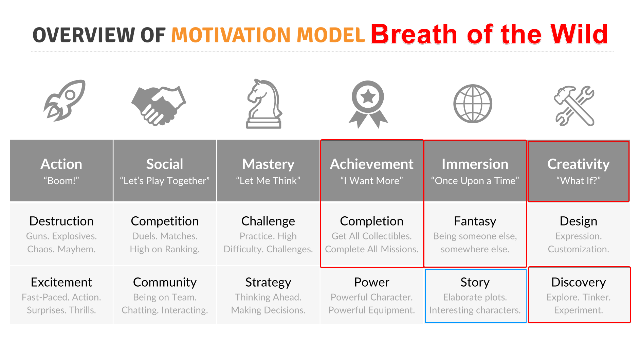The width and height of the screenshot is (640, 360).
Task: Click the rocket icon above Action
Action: tap(65, 101)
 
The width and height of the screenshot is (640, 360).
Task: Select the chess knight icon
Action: tap(264, 104)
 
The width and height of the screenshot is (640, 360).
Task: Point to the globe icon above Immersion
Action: tap(473, 104)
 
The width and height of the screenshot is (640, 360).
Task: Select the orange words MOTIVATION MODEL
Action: tap(268, 35)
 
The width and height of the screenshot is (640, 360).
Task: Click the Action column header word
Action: tap(61, 164)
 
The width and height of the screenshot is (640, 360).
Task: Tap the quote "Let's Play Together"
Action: tap(165, 181)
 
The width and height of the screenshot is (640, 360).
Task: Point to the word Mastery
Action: tap(268, 164)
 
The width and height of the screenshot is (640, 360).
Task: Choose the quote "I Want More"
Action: tap(372, 181)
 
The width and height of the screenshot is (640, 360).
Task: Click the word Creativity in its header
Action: tap(579, 164)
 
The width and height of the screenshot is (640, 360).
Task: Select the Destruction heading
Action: tap(61, 221)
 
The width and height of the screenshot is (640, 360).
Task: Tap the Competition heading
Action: tap(165, 221)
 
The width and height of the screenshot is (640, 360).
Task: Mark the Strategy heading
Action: tap(268, 283)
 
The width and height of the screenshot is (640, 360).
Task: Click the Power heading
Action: tap(372, 282)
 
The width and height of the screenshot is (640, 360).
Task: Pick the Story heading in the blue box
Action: tap(475, 283)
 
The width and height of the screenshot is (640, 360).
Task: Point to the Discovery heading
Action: tap(579, 283)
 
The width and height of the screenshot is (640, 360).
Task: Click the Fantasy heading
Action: tap(475, 221)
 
